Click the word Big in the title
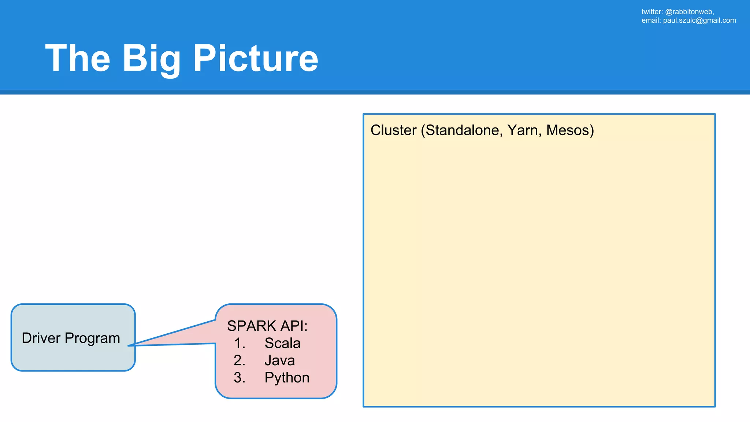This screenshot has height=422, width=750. pos(151,59)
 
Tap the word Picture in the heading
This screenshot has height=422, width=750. pos(255,59)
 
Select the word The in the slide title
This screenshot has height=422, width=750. pos(78,59)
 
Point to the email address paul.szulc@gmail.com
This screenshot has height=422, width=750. pos(699,21)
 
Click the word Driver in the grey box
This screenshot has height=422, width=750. pos(41,338)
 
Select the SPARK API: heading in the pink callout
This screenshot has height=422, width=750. pos(267,326)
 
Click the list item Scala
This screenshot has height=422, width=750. pos(282,343)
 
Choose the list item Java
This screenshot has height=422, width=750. pos(279,360)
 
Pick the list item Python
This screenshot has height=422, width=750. pos(287,378)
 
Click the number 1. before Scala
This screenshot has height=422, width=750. pos(240,343)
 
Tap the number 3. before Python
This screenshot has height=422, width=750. pos(240,378)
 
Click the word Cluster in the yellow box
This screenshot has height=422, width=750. pos(393,130)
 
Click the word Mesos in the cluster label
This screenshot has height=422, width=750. pos(568,130)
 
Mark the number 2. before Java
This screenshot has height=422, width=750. pos(240,360)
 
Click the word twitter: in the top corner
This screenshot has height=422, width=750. pos(652,12)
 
